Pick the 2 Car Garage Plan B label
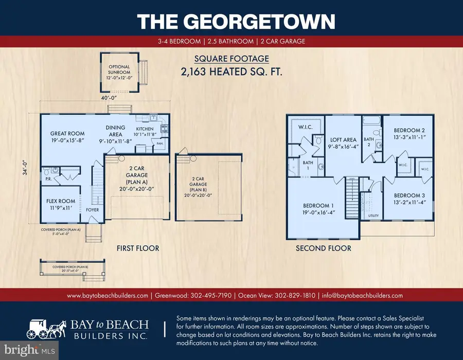(198, 184)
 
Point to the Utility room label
(373, 215)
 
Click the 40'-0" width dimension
(109, 97)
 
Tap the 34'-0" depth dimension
(25, 168)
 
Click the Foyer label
(93, 210)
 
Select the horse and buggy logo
(47, 329)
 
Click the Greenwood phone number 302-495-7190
(211, 295)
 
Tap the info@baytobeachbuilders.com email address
(362, 295)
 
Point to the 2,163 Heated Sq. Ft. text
(232, 71)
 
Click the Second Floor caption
(324, 248)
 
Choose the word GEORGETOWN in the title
(259, 21)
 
